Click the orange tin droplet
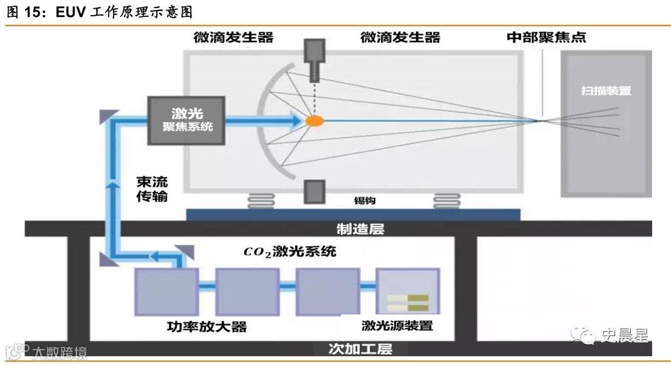(x=314, y=120)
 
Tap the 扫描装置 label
(x=606, y=90)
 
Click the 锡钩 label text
(x=365, y=202)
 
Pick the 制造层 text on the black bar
(x=355, y=228)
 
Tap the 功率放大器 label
(x=198, y=326)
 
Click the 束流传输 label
(x=152, y=191)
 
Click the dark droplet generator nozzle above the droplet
(x=313, y=61)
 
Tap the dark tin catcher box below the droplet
(x=313, y=192)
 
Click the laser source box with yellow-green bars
(x=406, y=292)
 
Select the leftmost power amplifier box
(x=166, y=292)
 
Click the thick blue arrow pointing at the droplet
(x=264, y=120)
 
